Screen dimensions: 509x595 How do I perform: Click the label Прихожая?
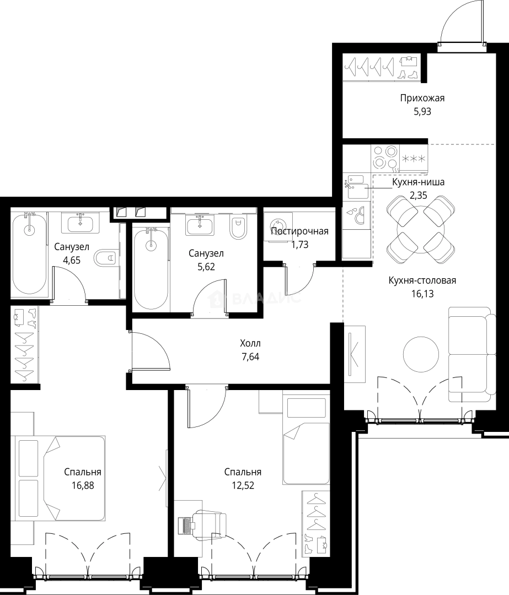[422, 98]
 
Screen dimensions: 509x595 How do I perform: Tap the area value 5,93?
[422, 111]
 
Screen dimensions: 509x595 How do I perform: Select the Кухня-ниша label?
[418, 182]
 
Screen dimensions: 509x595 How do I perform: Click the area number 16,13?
[422, 294]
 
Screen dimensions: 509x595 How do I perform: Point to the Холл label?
[250, 343]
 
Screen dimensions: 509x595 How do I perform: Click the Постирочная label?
[299, 231]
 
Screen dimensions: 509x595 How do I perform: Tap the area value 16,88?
[82, 485]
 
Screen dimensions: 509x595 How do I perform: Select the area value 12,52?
[243, 485]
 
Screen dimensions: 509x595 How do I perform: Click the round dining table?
[421, 229]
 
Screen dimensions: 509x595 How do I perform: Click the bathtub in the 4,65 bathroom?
[29, 253]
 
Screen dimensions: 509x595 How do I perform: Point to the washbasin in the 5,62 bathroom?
[200, 224]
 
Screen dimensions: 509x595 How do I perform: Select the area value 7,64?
[250, 356]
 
